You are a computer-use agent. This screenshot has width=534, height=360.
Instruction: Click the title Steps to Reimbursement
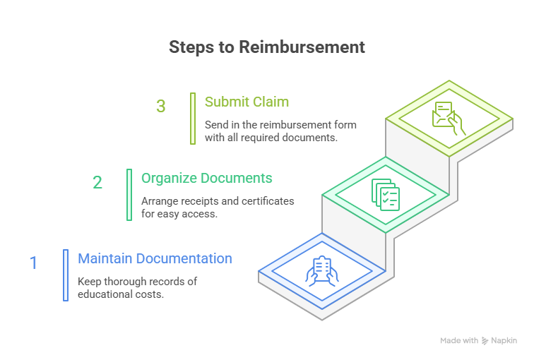tap(267, 47)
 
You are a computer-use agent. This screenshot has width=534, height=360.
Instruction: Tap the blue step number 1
tap(33, 263)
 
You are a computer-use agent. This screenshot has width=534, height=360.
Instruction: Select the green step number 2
tap(97, 182)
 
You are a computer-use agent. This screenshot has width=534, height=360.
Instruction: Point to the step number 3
tap(161, 106)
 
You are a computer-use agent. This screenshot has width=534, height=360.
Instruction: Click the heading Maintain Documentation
tap(155, 258)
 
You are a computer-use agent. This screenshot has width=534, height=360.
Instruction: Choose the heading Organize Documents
tap(207, 179)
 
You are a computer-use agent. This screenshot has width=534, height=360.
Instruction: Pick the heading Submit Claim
tap(247, 102)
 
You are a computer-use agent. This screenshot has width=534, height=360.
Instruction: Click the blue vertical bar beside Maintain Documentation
tap(66, 275)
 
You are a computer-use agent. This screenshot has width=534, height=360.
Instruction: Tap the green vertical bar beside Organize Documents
tap(129, 195)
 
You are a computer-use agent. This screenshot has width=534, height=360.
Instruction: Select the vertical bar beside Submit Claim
tap(193, 119)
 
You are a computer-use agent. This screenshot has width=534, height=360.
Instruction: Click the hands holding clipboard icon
tap(322, 271)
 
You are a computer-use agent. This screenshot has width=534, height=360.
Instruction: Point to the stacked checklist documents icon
tap(386, 195)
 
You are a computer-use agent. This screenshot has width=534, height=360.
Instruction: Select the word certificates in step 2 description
tap(268, 201)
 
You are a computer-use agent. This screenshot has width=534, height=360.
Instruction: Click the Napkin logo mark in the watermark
tap(485, 341)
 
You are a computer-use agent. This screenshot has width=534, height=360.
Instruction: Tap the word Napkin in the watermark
tap(504, 341)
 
